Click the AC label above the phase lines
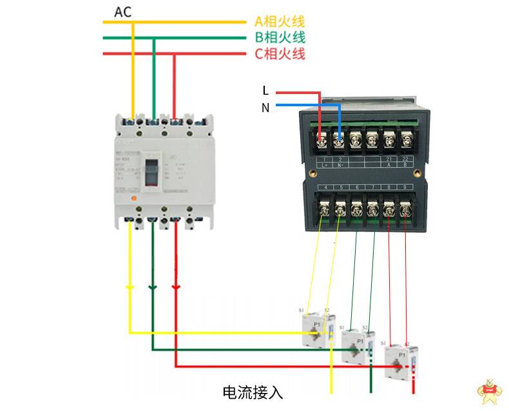124,12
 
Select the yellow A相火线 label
280,22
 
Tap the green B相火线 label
280,37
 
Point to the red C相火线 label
280,53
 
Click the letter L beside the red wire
265,91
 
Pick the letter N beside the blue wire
265,108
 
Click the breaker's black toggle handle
153,171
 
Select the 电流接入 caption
253,392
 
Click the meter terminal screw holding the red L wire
322,138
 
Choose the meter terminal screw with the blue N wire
338,138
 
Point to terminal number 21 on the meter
389,158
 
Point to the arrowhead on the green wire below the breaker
153,288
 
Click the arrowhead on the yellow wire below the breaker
130,288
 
